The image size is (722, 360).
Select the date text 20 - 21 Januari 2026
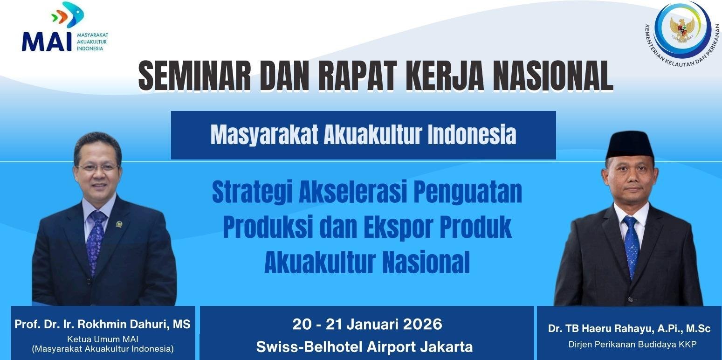367,324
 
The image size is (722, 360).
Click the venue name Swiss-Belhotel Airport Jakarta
364,346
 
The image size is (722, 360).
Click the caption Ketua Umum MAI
103,339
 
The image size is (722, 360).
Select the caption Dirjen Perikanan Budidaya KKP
629,345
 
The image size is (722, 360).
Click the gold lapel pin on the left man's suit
119,224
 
